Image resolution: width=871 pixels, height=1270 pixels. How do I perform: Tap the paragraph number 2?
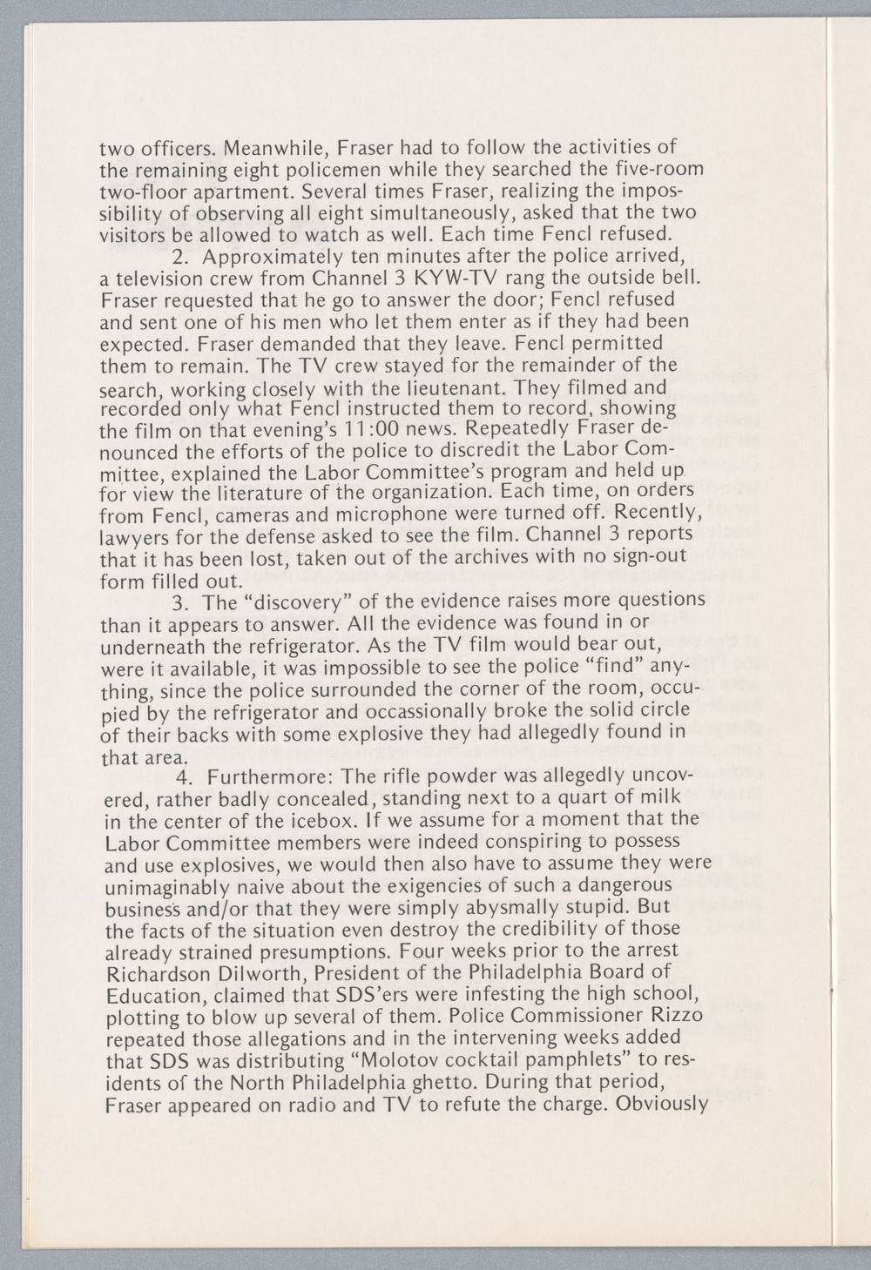tap(180, 257)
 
